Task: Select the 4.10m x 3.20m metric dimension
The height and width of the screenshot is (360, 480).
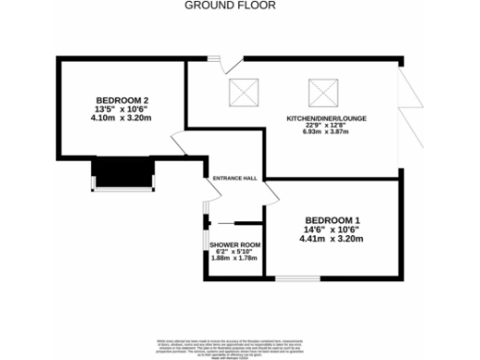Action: [119, 119]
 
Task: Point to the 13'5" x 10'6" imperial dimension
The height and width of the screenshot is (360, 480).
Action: [119, 110]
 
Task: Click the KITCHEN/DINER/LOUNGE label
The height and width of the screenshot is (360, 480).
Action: [325, 118]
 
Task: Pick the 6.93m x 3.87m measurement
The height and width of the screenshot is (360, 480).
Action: [325, 132]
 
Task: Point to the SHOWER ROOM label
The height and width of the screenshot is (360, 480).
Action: [235, 245]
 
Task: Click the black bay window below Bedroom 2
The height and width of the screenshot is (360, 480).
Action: [122, 172]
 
